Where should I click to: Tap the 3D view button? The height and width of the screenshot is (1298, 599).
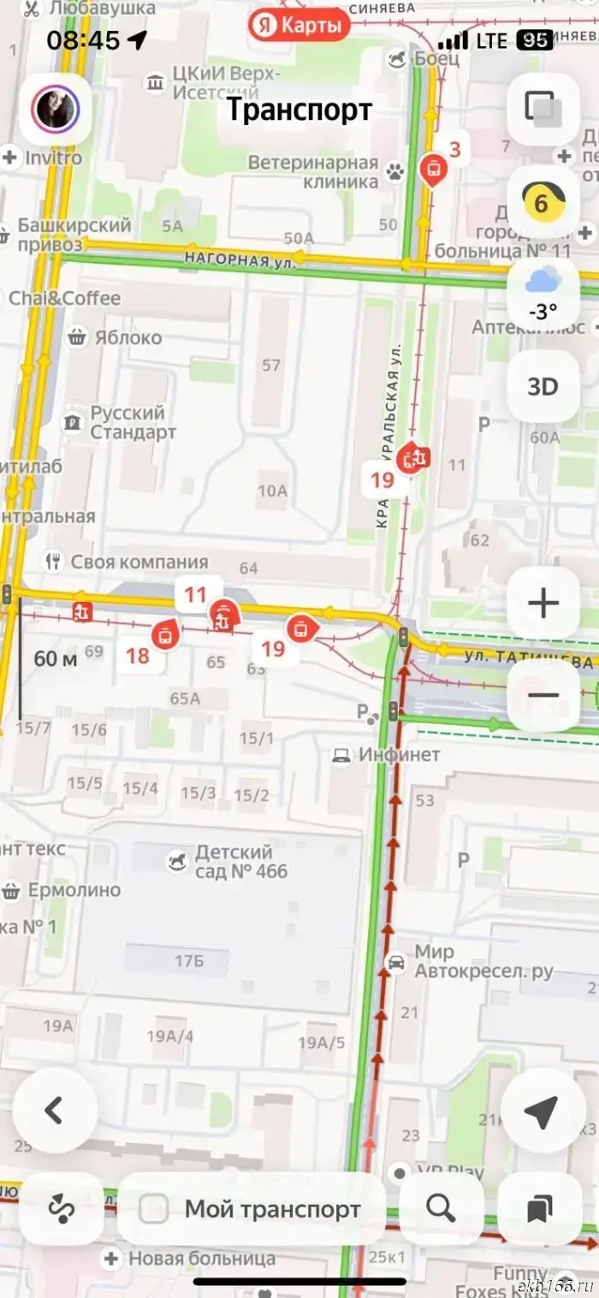click(x=542, y=386)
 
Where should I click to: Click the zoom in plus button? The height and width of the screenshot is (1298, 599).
click(x=543, y=604)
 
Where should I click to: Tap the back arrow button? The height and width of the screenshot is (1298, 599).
click(x=55, y=1110)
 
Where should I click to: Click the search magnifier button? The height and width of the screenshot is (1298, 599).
click(x=441, y=1208)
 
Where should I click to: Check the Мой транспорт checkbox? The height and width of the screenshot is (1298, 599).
click(x=154, y=1209)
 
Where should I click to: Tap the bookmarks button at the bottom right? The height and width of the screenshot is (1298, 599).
click(x=539, y=1208)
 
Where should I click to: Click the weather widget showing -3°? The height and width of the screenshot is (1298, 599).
click(x=543, y=293)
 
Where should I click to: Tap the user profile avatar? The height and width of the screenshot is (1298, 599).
click(x=56, y=109)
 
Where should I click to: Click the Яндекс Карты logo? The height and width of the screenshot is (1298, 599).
click(x=300, y=26)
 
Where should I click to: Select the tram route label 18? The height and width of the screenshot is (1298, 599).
click(x=138, y=657)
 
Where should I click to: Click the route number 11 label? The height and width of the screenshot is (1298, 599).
click(x=195, y=594)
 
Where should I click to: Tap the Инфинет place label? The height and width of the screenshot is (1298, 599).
click(x=399, y=754)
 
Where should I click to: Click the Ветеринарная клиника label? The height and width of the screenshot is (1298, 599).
click(x=313, y=172)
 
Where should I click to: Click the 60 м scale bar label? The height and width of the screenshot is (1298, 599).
click(x=55, y=658)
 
